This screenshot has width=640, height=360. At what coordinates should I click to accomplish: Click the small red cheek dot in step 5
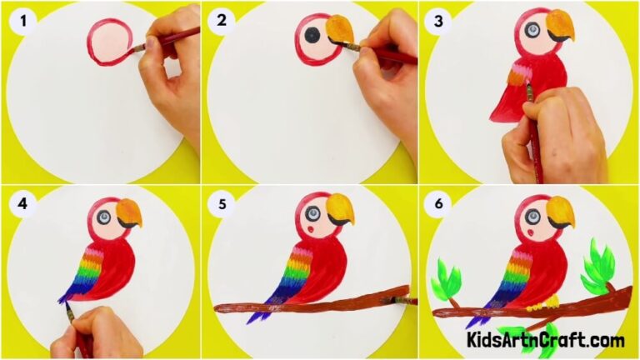click(x=311, y=227)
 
